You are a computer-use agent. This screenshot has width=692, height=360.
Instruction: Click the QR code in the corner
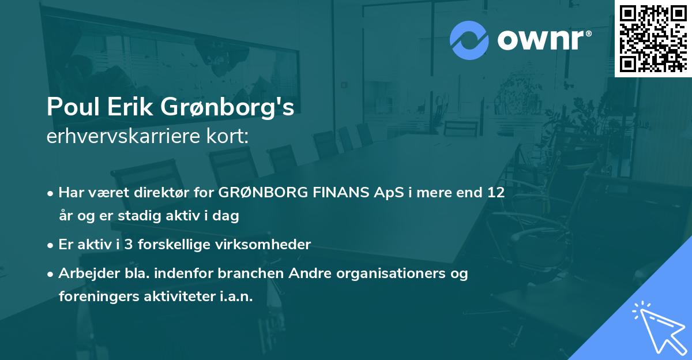click(x=653, y=37)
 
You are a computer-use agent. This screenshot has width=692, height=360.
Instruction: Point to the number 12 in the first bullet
click(x=496, y=193)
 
